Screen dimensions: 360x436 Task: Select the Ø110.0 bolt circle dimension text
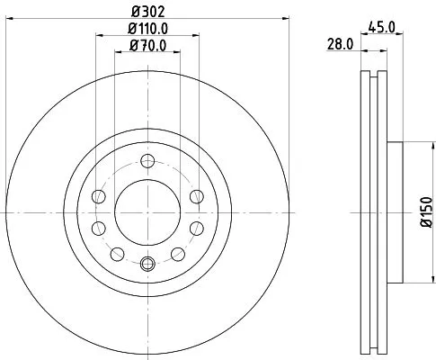[x=147, y=32]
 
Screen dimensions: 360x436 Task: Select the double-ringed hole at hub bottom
[x=148, y=263]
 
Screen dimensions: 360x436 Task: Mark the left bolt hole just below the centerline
[x=100, y=228]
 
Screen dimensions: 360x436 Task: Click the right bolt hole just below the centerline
[x=197, y=228]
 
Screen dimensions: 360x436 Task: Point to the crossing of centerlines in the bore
[x=148, y=212]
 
